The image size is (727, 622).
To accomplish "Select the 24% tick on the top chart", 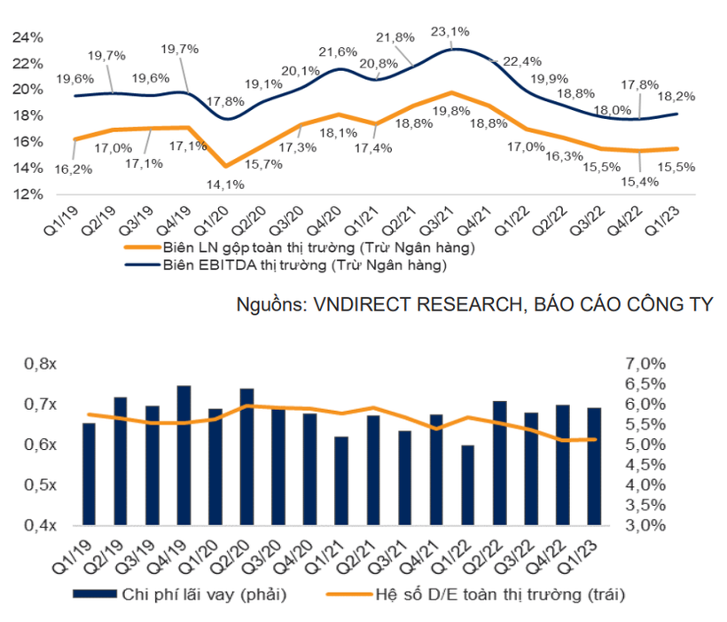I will (x=29, y=37).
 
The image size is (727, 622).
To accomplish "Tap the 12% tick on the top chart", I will (x=29, y=193).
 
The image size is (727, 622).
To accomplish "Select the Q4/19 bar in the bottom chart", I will (x=184, y=455).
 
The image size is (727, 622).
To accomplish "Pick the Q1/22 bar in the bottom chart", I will (x=468, y=485).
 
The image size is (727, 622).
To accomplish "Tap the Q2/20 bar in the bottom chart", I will (x=246, y=456).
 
